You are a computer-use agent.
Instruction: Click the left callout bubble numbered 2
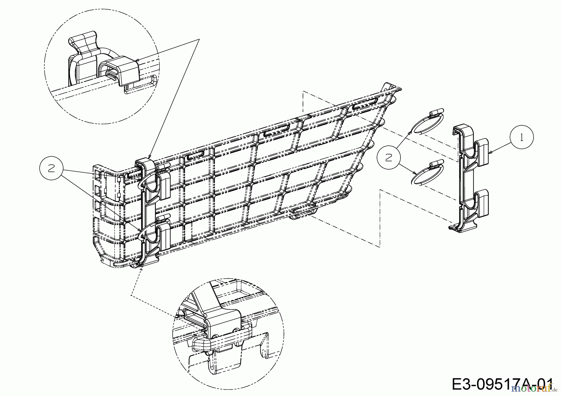tap(51, 168)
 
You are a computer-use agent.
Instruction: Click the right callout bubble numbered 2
tap(388, 158)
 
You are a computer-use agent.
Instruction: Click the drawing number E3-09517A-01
tap(502, 384)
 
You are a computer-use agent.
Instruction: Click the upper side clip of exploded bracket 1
tap(482, 152)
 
